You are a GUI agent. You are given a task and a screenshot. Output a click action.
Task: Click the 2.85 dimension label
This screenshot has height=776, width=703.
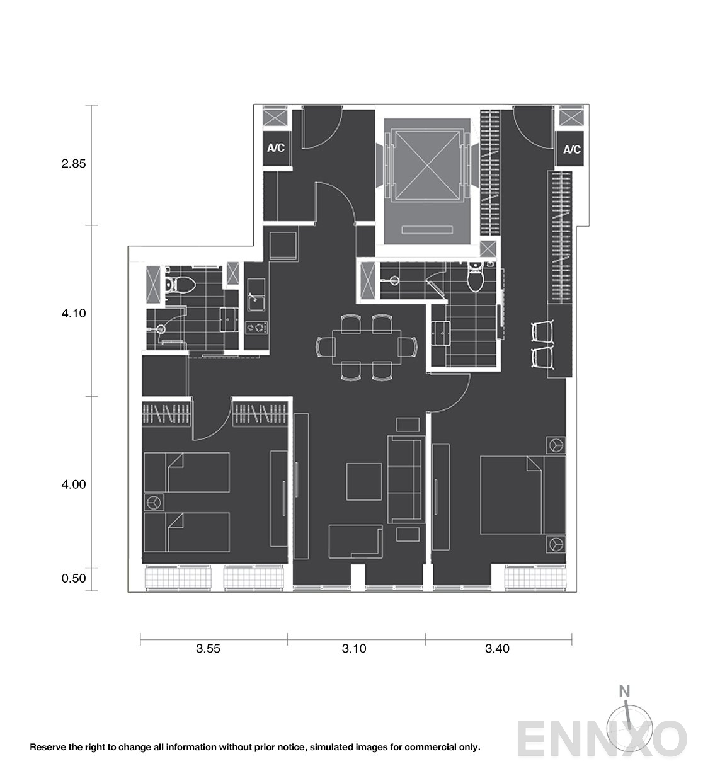click(x=74, y=164)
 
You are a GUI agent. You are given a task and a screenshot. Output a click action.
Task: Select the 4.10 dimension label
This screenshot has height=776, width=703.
click(x=74, y=313)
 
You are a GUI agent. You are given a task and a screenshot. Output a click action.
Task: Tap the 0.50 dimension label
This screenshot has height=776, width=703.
click(x=74, y=578)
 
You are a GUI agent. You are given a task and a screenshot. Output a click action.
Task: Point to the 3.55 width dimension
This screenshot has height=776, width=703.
click(x=208, y=648)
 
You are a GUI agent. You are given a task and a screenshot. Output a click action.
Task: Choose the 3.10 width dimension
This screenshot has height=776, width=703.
click(x=354, y=648)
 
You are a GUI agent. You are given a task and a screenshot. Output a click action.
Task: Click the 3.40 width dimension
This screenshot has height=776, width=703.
click(x=497, y=648)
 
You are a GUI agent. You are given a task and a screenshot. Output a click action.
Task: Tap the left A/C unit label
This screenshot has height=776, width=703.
click(x=276, y=148)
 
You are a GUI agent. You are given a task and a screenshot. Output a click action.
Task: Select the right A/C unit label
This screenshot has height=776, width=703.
click(x=572, y=150)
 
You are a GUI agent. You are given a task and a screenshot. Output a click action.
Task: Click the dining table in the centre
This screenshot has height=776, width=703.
click(x=367, y=347)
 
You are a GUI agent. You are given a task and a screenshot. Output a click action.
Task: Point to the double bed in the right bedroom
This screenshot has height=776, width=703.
click(x=523, y=495)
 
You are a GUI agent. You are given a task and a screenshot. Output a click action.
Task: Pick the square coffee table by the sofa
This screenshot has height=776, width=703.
click(x=364, y=482)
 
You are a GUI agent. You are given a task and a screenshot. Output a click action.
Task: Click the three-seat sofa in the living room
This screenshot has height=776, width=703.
click(x=406, y=480)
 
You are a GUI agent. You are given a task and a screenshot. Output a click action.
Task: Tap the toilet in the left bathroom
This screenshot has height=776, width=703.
click(x=180, y=285)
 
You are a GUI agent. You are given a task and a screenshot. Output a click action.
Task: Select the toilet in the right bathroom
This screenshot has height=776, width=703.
click(x=476, y=277)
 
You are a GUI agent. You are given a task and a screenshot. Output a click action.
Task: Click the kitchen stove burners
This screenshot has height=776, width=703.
click(x=257, y=328)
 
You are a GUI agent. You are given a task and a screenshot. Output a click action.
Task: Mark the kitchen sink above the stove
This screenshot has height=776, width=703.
click(x=256, y=295)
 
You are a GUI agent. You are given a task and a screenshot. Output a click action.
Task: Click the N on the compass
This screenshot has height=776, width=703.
click(x=624, y=691)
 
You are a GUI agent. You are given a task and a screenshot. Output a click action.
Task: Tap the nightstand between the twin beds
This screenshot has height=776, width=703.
click(x=154, y=503)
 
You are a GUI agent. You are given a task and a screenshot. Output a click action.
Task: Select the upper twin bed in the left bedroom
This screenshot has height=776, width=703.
click(x=186, y=472)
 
